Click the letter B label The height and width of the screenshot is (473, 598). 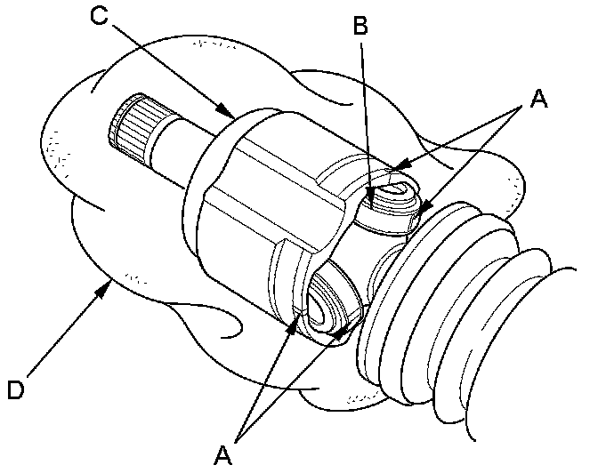[360, 25]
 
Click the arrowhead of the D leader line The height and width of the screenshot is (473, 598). [109, 282]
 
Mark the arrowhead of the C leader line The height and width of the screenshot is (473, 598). [230, 115]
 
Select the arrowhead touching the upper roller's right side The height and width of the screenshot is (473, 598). [428, 210]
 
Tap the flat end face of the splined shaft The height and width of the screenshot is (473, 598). [110, 130]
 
